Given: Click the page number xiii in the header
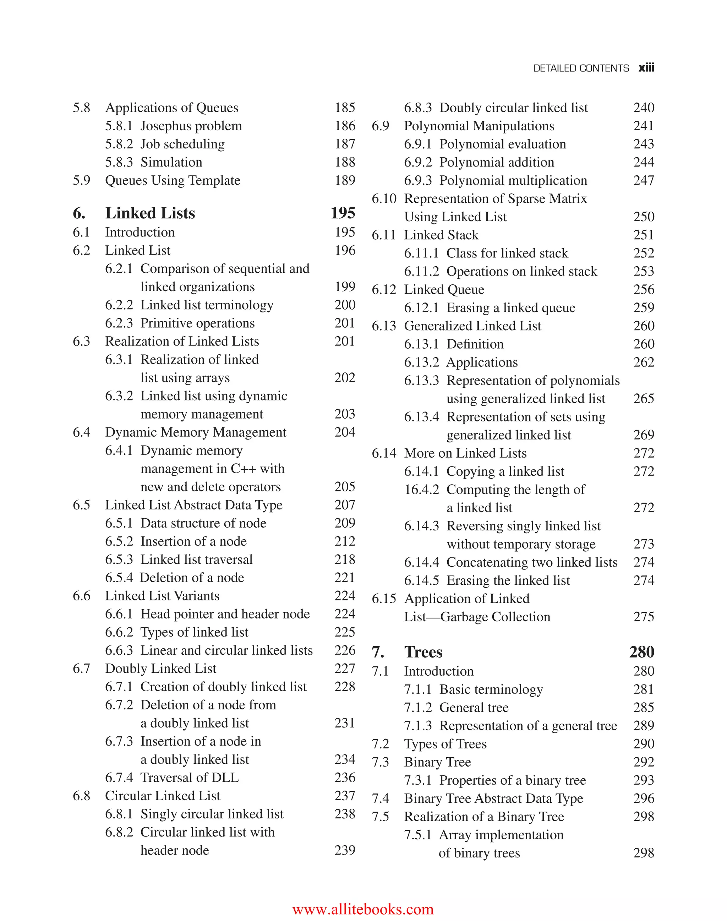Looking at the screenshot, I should point(646,68).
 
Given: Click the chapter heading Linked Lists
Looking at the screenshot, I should point(150,213).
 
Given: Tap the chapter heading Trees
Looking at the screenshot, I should point(423,652).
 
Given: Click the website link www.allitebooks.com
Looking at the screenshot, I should point(363,909).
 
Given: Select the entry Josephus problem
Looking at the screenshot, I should point(191,126).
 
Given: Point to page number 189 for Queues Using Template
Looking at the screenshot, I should point(344,180).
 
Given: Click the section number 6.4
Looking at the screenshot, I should point(81,432).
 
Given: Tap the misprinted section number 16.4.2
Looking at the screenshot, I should point(421,490).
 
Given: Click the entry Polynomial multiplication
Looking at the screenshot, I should point(513,180).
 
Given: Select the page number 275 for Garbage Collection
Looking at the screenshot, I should point(643,617).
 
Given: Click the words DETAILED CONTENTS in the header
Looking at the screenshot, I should point(581,68).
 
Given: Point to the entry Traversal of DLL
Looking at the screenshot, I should point(190,778).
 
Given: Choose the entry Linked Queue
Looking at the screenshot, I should point(444,289).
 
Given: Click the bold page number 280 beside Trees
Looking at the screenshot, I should point(641,652).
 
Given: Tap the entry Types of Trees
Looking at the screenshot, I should point(445,744).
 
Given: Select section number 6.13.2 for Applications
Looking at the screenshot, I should point(421,363).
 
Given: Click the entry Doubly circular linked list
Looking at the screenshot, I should point(513,108).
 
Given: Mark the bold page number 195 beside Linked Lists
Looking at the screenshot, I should point(343,213).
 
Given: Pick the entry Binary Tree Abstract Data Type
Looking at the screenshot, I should point(493,799).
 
